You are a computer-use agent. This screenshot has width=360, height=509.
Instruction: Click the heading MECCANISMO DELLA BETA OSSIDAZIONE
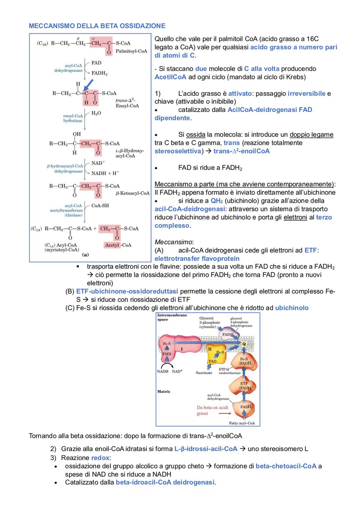[97, 26]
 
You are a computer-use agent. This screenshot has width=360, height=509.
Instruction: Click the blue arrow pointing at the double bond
[89, 85]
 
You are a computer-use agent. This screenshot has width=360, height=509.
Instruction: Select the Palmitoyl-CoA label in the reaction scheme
[131, 51]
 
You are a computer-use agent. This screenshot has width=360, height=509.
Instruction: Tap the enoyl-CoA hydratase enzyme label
[73, 118]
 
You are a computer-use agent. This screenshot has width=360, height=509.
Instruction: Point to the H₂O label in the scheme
[96, 113]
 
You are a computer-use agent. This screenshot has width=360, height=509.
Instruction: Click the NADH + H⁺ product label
[105, 173]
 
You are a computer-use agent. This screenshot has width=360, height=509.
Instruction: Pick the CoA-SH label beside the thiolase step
[100, 206]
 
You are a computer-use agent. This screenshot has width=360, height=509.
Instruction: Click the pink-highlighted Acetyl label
[112, 245]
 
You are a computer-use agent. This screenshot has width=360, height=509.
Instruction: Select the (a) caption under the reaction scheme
[85, 255]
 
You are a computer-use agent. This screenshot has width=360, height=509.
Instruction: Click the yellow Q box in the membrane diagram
[244, 344]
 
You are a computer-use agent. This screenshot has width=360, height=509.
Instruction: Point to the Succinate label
[204, 373]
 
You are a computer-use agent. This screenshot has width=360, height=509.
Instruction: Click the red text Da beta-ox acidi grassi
[212, 410]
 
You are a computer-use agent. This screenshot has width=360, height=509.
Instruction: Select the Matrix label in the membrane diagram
[164, 391]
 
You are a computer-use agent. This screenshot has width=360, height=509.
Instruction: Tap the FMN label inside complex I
[167, 354]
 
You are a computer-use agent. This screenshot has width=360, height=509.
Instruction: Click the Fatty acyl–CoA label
[242, 423]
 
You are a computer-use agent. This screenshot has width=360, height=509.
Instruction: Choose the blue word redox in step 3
[100, 458]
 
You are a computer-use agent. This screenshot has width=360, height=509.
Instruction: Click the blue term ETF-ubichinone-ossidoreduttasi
[127, 291]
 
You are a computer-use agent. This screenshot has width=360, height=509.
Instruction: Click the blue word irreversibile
[307, 94]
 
